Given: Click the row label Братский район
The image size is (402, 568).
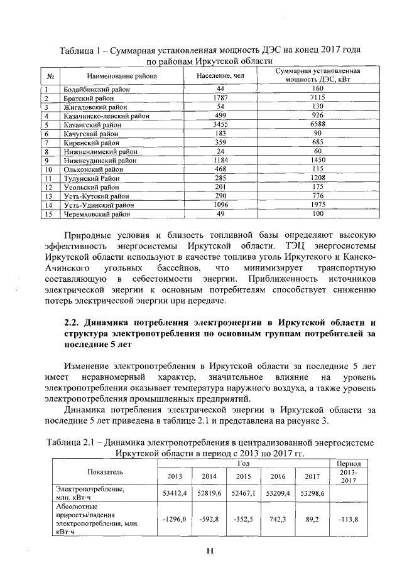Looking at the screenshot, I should (x=88, y=99).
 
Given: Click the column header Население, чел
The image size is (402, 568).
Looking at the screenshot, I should (x=220, y=77).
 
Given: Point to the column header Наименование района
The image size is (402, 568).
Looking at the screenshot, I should (x=122, y=77).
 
